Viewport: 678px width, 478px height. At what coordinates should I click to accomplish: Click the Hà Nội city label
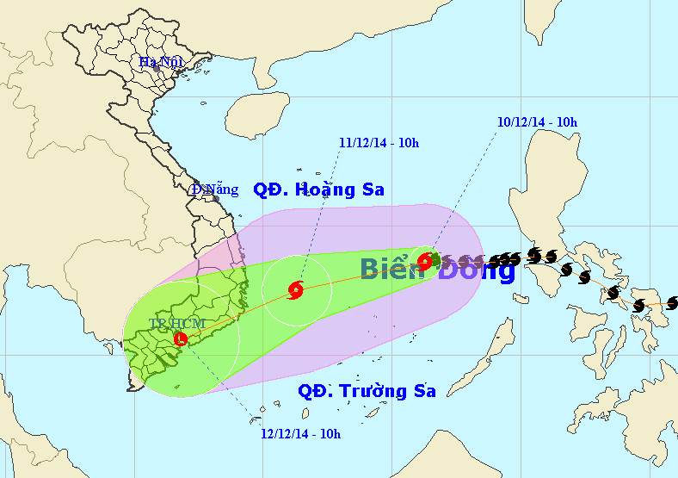(161, 61)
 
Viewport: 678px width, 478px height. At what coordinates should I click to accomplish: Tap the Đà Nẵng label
(214, 189)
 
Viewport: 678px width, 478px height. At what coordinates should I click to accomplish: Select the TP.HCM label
(176, 323)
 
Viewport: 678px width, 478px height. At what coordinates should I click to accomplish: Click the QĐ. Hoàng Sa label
(318, 189)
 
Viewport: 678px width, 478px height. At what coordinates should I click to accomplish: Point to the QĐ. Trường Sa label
(367, 391)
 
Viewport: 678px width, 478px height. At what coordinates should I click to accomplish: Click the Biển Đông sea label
(437, 269)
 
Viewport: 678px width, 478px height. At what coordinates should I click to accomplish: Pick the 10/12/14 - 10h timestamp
(537, 122)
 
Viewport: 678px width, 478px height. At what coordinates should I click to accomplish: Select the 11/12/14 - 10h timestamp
(379, 143)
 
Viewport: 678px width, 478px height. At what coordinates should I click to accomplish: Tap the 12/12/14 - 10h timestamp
(300, 433)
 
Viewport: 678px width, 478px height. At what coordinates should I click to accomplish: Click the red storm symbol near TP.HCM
(181, 338)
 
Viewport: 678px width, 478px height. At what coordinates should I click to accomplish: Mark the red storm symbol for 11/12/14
(296, 289)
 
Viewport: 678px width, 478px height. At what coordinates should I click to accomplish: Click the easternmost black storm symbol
(673, 302)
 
